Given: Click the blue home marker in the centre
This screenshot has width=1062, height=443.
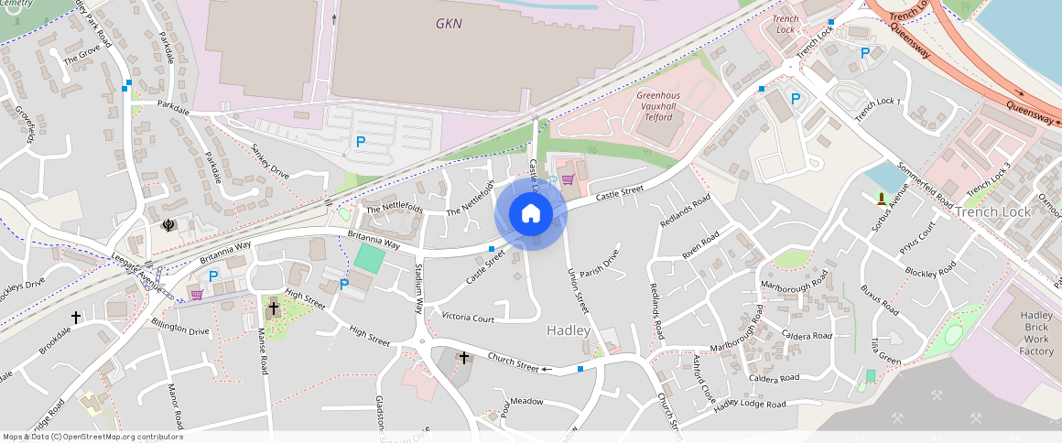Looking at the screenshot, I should coord(531,213).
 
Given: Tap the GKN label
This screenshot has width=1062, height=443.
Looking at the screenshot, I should coord(450,23).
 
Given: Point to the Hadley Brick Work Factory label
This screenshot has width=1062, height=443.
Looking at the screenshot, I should coord(1036,333).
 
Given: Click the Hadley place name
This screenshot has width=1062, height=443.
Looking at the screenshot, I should coord(569,330).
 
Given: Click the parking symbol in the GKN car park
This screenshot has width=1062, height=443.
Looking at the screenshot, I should coord(361,142).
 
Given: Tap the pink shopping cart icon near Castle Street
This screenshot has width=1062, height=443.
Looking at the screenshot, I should coord(568,178).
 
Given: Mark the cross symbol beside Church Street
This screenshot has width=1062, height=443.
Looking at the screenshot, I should coord(464,357).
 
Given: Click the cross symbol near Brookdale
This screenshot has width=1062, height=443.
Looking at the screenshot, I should coord(76,317).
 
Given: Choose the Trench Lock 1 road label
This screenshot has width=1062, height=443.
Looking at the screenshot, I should coord(878,110).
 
